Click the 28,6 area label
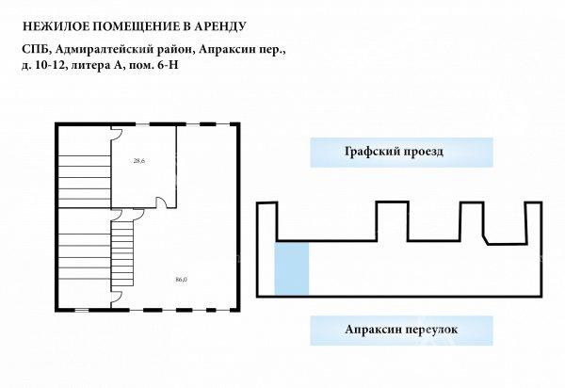tap(139, 161)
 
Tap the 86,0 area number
tap(181, 279)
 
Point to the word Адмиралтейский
tap(105, 49)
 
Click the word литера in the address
tap(88, 65)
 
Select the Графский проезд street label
tap(394, 152)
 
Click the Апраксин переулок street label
tap(401, 330)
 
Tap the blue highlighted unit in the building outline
tap(292, 268)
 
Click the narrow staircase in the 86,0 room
tap(122, 254)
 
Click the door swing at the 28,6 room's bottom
tap(162, 202)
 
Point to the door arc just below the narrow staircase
tap(117, 298)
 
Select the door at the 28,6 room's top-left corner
tap(117, 134)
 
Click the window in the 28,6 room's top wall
tap(142, 124)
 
